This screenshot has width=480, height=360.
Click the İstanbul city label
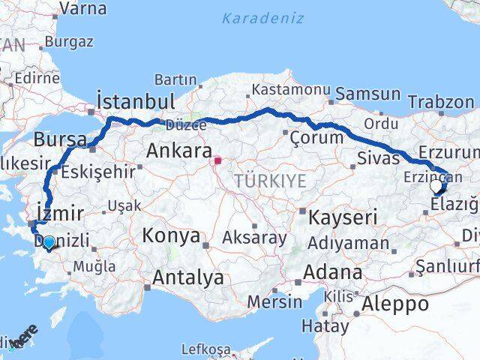136,101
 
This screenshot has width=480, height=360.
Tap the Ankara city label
179,151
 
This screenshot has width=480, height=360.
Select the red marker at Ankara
217,160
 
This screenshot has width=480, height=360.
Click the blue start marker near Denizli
49,242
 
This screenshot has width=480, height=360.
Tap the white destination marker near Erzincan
436,185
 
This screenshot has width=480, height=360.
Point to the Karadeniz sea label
262,18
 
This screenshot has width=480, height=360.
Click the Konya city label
172,236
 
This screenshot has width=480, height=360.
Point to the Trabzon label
441,102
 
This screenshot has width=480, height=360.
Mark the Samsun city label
367,94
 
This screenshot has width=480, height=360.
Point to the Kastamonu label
290,89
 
